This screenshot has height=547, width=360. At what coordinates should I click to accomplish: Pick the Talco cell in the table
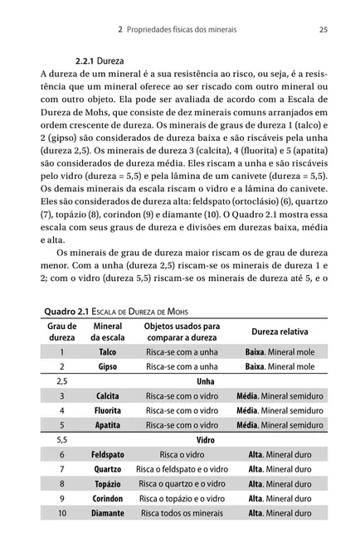click(x=108, y=351)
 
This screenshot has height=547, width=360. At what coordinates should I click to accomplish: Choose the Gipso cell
click(x=108, y=365)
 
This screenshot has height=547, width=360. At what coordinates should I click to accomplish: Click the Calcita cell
click(x=108, y=396)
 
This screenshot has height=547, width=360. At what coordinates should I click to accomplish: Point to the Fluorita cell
click(x=108, y=410)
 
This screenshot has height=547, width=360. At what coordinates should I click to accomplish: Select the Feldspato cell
click(x=108, y=455)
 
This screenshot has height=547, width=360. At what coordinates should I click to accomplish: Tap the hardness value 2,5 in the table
click(x=61, y=381)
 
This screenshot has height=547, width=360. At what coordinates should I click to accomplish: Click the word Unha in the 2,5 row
click(x=205, y=381)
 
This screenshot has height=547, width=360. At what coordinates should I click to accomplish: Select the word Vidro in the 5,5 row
click(x=205, y=440)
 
